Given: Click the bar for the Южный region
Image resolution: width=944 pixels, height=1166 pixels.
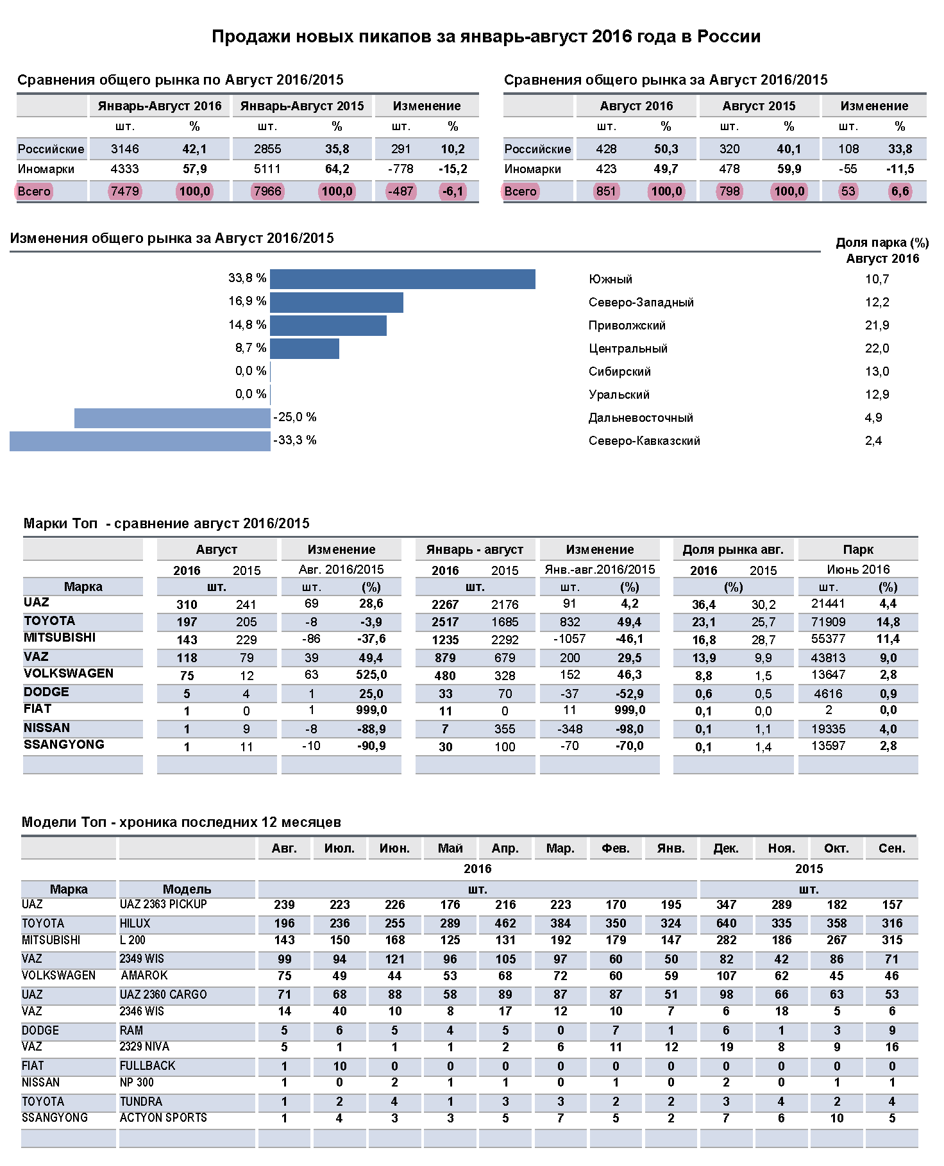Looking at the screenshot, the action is (x=403, y=279).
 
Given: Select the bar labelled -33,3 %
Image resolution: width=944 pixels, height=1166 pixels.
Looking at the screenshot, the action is (x=140, y=441).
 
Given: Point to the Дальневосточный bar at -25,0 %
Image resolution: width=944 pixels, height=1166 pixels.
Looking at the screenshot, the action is (x=173, y=418).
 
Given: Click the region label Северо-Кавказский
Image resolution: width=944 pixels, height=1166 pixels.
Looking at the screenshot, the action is (x=644, y=441).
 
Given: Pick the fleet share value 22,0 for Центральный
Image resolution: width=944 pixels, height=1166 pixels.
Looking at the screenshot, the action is (x=877, y=348).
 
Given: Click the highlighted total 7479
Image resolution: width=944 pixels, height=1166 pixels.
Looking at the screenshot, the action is (x=124, y=191).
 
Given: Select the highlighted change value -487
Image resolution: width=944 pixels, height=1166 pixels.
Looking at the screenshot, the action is (x=401, y=191).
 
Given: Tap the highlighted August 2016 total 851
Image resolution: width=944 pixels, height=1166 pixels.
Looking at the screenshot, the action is (x=605, y=191).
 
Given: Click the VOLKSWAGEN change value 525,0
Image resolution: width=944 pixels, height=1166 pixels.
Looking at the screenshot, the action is (x=371, y=675).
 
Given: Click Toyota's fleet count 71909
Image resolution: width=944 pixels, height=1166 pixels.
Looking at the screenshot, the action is (x=829, y=622).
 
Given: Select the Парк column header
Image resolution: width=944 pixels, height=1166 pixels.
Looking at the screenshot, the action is (x=858, y=549).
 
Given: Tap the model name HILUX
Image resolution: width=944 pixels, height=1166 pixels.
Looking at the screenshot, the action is (x=135, y=923).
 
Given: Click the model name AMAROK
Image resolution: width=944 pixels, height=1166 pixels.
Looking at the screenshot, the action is (x=144, y=976).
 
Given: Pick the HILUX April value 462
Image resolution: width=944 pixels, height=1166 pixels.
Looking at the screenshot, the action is (x=505, y=923).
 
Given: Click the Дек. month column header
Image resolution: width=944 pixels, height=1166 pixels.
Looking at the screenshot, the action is (x=726, y=849).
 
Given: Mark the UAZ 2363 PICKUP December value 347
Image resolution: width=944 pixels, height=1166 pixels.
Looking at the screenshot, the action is (x=726, y=904).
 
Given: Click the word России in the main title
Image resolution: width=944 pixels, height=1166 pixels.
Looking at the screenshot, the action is (x=729, y=37).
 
